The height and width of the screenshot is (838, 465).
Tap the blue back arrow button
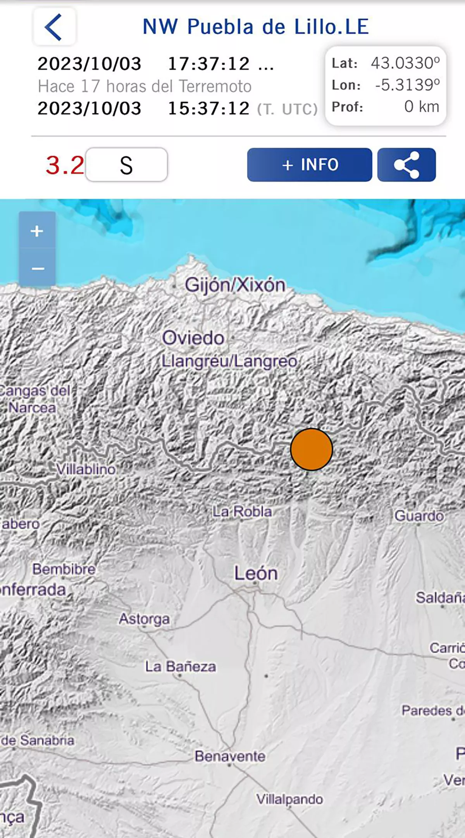click(54, 27)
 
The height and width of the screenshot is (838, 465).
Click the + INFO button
click(310, 165)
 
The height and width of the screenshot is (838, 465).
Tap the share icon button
click(406, 165)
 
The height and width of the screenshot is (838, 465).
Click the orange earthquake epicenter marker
click(312, 449)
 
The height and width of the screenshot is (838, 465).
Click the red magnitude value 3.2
click(65, 165)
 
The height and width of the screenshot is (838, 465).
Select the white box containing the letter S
click(126, 165)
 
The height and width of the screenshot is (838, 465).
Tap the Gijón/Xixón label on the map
click(235, 285)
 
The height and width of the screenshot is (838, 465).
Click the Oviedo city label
click(193, 338)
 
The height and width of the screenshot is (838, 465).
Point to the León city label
click(256, 573)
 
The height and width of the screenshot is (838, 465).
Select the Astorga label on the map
click(144, 619)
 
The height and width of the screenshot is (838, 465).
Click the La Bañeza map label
click(181, 667)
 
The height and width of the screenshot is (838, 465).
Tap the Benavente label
click(230, 756)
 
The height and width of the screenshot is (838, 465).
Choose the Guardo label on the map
click(419, 516)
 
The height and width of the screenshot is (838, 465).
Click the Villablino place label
click(86, 470)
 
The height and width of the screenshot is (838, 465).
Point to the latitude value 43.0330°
click(405, 63)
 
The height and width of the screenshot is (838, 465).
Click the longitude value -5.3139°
click(407, 85)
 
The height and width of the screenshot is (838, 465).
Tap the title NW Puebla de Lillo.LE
click(256, 27)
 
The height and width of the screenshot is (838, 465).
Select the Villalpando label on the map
click(289, 799)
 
